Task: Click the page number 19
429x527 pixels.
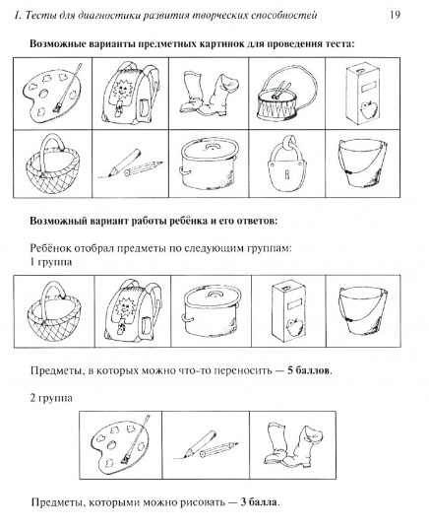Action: (395, 16)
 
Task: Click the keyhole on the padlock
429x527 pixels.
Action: (286, 174)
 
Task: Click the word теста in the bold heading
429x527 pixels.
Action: (339, 43)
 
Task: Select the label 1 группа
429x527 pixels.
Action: (51, 262)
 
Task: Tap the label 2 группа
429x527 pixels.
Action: (51, 398)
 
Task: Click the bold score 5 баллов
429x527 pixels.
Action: (309, 370)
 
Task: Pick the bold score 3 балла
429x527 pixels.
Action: (259, 502)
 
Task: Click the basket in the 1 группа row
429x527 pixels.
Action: (54, 311)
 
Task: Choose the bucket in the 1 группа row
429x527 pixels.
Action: (363, 310)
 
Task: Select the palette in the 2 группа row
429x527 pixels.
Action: (119, 444)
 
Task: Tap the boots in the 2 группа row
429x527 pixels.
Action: (292, 445)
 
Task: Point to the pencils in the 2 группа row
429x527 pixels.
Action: (206, 445)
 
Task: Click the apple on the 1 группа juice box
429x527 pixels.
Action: (295, 326)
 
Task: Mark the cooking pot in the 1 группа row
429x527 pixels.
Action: (210, 311)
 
